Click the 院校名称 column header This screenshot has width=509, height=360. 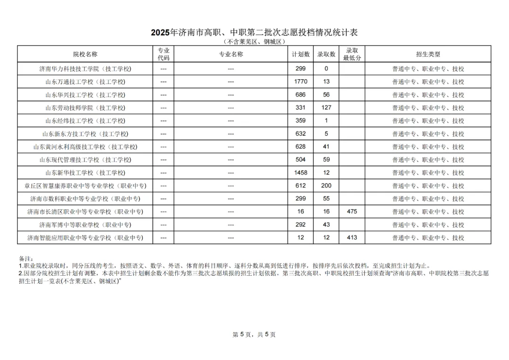click(85, 54)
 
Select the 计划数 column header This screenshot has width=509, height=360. click(301, 54)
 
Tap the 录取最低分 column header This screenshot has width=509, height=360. click(352, 54)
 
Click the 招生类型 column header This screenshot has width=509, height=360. click(428, 54)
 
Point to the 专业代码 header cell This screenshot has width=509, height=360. click(164, 54)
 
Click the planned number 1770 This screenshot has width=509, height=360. click(301, 82)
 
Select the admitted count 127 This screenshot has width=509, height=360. click(326, 107)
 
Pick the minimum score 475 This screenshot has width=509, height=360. click(352, 212)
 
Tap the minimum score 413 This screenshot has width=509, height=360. click(352, 237)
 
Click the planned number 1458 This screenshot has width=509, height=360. click(301, 172)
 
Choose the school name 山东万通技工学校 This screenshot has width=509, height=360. click(85, 82)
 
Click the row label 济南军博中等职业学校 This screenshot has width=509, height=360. click(85, 225)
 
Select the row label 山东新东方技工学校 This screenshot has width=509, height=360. click(85, 134)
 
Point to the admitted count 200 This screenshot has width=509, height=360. click(326, 186)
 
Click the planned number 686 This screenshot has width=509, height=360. click(301, 95)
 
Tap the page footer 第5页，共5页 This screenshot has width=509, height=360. click(254, 335)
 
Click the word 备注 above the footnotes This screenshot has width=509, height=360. click(25, 259)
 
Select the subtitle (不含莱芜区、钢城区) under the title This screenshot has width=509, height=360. click(254, 41)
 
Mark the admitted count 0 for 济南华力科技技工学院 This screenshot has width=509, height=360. click(326, 69)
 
